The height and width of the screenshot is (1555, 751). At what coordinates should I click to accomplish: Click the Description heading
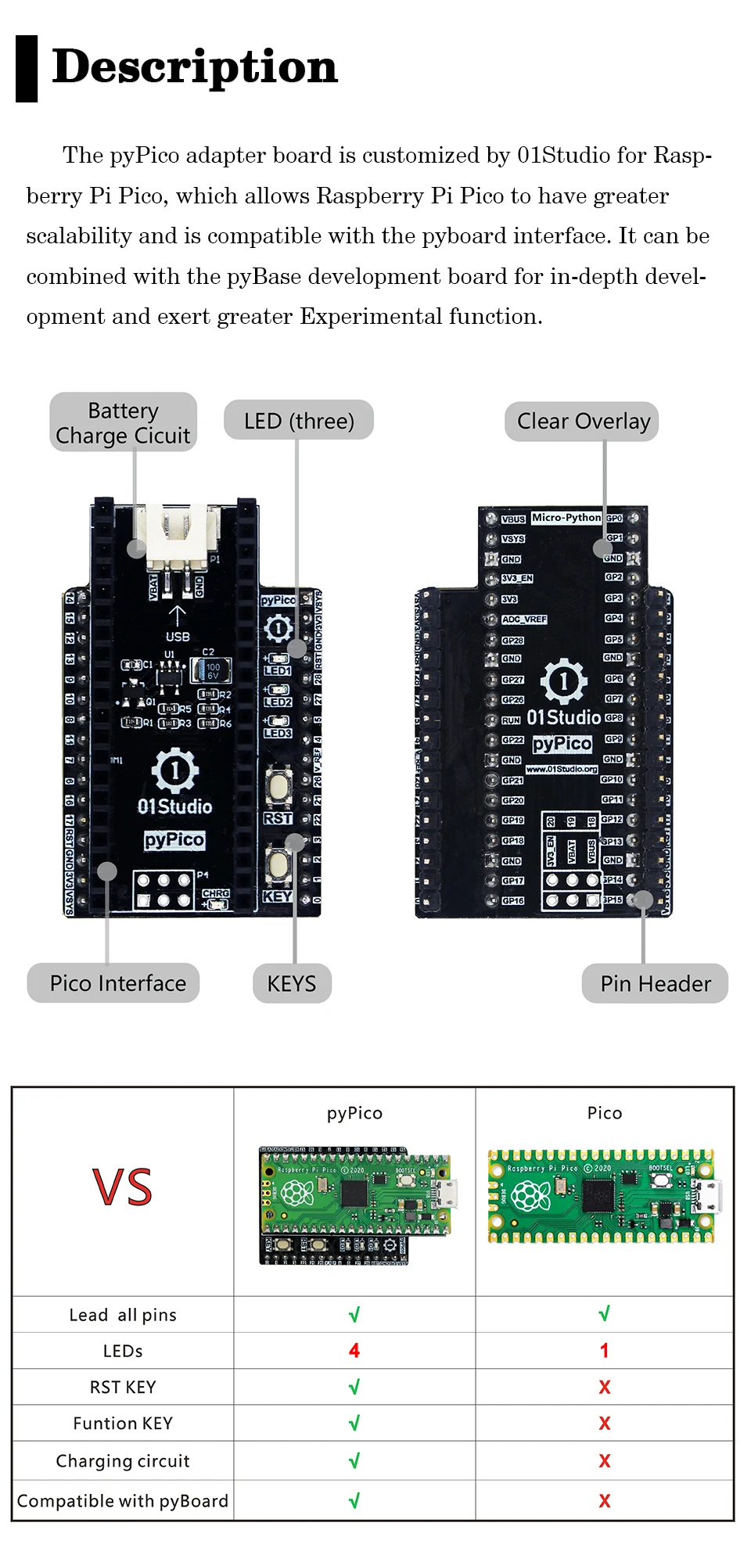[x=194, y=67]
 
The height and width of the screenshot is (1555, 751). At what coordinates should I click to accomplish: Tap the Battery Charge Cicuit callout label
[x=123, y=422]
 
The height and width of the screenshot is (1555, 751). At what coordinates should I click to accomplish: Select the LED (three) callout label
[x=298, y=421]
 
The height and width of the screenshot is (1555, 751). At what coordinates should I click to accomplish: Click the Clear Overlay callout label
[x=583, y=422]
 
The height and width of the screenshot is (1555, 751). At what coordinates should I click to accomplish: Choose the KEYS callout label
[x=292, y=983]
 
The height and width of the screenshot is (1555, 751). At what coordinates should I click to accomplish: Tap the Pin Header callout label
[x=656, y=983]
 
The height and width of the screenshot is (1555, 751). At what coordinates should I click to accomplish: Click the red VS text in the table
[x=123, y=1187]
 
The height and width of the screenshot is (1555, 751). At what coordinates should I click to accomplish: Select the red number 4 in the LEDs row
[x=354, y=1351]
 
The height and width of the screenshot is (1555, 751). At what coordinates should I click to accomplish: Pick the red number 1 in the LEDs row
[x=604, y=1351]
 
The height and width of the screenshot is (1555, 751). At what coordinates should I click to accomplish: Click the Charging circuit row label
[x=123, y=1461]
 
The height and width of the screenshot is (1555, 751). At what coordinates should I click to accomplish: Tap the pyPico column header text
[x=354, y=1113]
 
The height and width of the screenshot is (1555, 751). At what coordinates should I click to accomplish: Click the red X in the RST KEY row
[x=604, y=1388]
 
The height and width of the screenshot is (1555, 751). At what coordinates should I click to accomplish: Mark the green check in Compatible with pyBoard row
[x=354, y=1500]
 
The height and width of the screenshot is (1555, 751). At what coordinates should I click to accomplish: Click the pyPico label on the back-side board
[x=562, y=743]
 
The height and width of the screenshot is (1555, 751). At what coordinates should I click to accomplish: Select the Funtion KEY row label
[x=123, y=1424]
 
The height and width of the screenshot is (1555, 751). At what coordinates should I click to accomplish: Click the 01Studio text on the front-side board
[x=174, y=806]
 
